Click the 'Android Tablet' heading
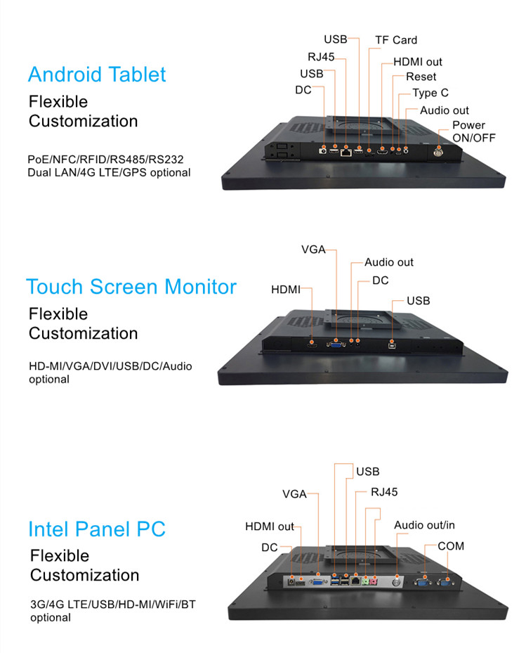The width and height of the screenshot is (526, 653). (97, 75)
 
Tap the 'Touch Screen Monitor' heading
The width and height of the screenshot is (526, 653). (131, 287)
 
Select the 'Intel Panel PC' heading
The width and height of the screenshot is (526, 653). (97, 529)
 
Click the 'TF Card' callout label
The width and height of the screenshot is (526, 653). (396, 40)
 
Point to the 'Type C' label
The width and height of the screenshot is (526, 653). (430, 93)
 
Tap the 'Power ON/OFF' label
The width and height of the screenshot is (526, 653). (474, 131)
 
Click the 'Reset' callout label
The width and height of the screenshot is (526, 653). (421, 77)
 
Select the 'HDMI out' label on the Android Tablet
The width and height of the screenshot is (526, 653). (418, 62)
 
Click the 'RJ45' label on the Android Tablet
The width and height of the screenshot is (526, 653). (321, 57)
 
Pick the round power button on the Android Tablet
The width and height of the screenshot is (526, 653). (438, 153)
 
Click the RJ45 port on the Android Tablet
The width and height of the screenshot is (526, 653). (346, 152)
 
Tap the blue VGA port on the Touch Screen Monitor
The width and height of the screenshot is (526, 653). (336, 344)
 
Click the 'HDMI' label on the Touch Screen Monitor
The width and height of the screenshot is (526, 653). (285, 290)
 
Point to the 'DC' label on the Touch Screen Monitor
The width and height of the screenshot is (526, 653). (381, 280)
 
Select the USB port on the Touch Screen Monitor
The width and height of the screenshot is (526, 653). (392, 345)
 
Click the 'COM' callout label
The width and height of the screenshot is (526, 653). (451, 546)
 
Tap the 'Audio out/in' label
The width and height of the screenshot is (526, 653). (424, 525)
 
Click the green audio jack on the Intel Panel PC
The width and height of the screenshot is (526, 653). (365, 581)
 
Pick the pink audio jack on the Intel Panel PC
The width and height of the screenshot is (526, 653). (374, 581)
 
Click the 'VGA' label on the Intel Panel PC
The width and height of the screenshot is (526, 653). (294, 494)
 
